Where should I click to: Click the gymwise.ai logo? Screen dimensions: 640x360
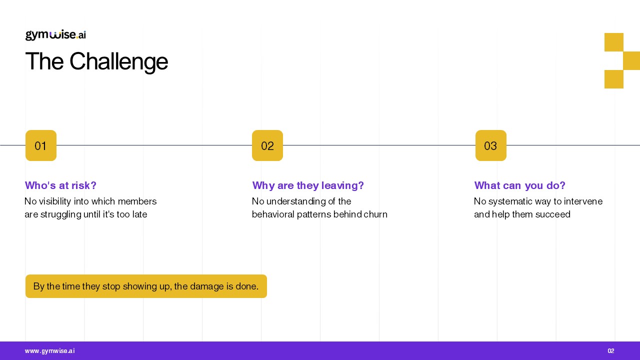coord(55,35)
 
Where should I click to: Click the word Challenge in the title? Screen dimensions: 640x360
coord(119,61)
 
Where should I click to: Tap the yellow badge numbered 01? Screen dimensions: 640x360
coord(41,145)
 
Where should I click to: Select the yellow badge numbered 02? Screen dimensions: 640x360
coord(267,145)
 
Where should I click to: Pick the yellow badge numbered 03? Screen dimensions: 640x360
coord(491,145)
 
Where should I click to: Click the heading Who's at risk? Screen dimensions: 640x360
coord(60,185)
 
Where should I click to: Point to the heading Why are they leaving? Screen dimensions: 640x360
coord(308,185)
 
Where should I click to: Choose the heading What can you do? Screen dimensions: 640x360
coord(519,185)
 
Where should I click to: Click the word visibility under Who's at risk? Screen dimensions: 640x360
coord(55,201)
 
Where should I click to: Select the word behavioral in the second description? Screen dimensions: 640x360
coord(273,214)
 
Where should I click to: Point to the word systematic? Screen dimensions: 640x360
coord(509,201)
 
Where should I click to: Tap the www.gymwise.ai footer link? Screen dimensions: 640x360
coord(49,351)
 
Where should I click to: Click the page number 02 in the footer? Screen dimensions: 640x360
coord(611,351)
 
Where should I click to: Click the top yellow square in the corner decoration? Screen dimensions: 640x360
coord(613,42)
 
